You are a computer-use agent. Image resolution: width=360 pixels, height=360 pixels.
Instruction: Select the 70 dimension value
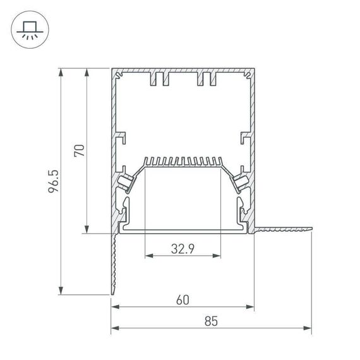click(x=79, y=150)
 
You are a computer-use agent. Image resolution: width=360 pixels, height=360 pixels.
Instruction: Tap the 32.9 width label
click(x=183, y=248)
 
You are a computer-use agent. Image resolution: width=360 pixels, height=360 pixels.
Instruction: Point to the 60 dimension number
click(x=183, y=300)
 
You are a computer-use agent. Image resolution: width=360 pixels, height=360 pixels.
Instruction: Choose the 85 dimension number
click(x=211, y=321)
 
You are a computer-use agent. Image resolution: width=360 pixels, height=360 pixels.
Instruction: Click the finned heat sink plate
click(x=183, y=162)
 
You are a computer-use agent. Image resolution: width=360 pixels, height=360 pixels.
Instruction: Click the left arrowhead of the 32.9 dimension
click(x=149, y=256)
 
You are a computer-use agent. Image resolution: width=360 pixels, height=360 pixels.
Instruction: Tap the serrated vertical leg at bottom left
click(x=114, y=265)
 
